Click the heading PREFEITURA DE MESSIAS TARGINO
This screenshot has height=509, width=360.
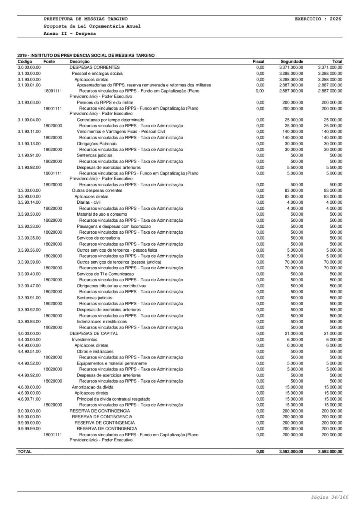tap(86, 19)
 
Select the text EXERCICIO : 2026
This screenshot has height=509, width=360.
tap(318, 19)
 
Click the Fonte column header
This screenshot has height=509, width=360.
tap(49, 62)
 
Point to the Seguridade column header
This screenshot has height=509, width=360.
tap(292, 62)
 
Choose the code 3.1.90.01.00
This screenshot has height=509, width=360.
tap(29, 84)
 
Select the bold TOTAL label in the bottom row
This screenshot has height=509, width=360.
tap(25, 451)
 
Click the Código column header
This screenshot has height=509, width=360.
tap(26, 62)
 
